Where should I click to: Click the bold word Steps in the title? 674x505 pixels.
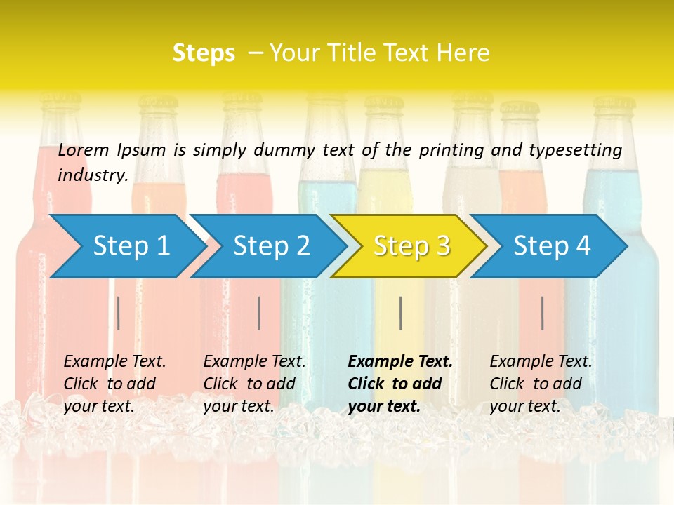point(204,53)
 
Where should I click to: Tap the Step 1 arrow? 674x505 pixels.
point(126,246)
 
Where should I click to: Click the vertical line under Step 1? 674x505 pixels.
point(119,313)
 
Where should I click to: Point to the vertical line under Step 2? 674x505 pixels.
point(259,313)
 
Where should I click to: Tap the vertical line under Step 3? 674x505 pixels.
point(400,313)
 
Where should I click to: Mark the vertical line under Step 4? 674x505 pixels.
point(543,313)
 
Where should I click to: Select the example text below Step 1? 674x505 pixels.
point(114,383)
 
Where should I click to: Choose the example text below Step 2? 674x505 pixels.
point(254,383)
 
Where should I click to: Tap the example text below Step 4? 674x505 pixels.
point(541,383)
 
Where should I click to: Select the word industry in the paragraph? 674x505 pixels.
point(93,175)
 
